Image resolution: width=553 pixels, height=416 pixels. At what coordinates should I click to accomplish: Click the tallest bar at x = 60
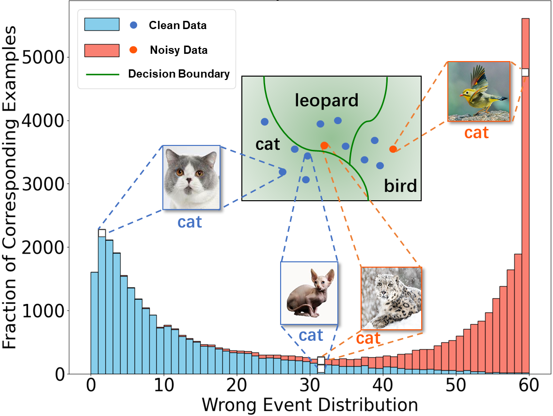point(525,194)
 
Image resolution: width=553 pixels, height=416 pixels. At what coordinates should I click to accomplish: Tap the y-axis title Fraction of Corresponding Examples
point(11,187)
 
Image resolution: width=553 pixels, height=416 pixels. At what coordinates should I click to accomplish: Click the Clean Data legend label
point(177,25)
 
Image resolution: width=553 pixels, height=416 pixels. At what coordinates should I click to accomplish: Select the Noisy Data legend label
point(178,50)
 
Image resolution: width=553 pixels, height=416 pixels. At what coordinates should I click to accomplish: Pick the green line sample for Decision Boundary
point(102,74)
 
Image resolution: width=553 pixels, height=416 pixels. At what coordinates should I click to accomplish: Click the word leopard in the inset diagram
point(327,101)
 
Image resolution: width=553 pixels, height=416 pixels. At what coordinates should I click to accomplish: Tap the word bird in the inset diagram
point(400,185)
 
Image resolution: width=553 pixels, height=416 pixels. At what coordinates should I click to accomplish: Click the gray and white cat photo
point(191,177)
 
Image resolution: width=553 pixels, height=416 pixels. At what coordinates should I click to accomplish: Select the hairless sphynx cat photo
point(309,293)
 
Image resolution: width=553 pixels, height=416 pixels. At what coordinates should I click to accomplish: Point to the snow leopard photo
point(391,298)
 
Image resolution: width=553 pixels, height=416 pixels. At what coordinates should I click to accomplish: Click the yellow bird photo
point(479,91)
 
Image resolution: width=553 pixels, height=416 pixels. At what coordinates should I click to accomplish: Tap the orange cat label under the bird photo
point(476,133)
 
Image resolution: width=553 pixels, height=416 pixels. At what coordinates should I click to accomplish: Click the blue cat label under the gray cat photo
point(190,222)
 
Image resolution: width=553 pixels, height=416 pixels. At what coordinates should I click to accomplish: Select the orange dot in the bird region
point(393,149)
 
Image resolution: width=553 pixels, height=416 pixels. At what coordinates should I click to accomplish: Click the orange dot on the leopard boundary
point(324,145)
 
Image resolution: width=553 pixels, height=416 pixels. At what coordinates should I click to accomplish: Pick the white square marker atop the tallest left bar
point(102,233)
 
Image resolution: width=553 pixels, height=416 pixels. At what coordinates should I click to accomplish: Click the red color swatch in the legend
point(102,50)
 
